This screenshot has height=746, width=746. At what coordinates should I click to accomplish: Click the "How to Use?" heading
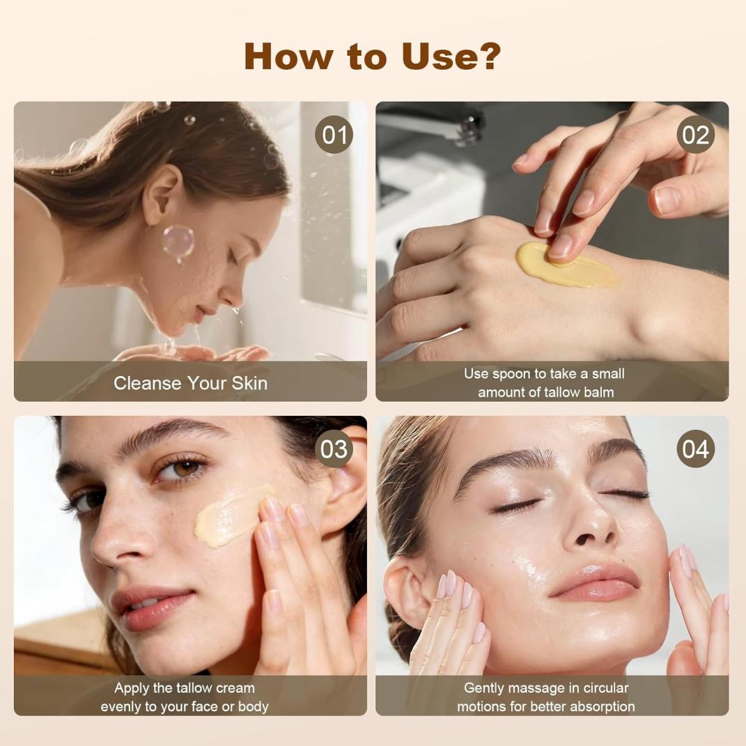click(x=373, y=56)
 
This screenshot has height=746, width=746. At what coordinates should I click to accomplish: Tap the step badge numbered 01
click(x=334, y=134)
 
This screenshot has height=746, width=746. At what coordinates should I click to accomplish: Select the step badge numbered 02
click(x=696, y=134)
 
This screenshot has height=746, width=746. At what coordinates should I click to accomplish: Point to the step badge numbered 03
click(x=334, y=449)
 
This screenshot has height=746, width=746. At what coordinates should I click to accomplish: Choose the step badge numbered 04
click(x=696, y=449)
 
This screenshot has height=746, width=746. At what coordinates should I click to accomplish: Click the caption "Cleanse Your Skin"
click(x=190, y=383)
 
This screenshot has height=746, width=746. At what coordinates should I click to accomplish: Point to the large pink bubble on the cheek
click(x=178, y=241)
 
